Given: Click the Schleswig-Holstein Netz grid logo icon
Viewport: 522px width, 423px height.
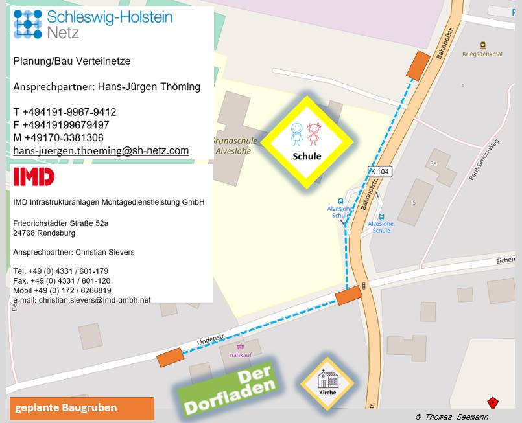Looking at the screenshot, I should (x=27, y=23).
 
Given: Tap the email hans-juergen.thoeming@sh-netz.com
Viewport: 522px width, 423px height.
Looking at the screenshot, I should (x=101, y=150).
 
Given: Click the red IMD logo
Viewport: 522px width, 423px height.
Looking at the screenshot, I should (x=34, y=176).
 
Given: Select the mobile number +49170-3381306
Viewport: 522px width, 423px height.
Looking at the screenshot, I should (x=58, y=137).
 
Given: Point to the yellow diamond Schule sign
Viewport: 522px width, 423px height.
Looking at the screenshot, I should (x=307, y=142).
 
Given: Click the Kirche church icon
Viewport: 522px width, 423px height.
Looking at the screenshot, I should (x=327, y=382).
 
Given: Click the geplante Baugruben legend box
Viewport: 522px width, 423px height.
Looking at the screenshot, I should (x=82, y=408).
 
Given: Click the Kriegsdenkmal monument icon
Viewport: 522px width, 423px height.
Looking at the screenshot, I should (x=482, y=45).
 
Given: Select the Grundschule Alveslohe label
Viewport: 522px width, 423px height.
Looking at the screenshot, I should (x=235, y=145).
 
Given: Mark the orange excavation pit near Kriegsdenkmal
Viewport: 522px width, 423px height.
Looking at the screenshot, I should (x=418, y=65).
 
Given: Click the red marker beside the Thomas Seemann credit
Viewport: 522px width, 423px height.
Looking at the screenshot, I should (x=493, y=403).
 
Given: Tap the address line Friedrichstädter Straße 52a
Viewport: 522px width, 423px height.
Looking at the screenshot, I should (x=61, y=223).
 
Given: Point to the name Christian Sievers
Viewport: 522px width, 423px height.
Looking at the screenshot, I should (x=105, y=252).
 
